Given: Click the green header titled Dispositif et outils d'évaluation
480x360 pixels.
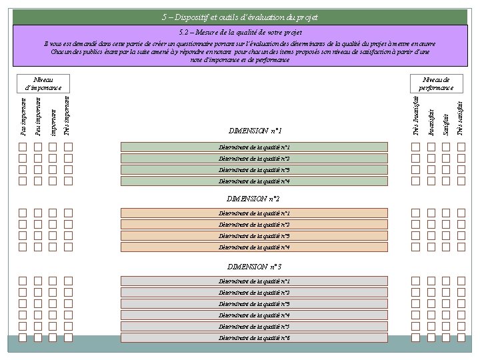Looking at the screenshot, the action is (240, 17).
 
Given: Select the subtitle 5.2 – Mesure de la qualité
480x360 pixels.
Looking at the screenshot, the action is (240, 32).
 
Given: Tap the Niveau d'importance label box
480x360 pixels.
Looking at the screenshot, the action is (43, 83).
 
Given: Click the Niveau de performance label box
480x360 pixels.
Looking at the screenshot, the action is (436, 83).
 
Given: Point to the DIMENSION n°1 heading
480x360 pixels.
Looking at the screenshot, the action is (255, 131).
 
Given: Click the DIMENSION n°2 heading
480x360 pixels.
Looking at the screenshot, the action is (253, 199).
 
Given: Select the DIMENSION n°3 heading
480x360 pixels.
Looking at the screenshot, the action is (253, 267).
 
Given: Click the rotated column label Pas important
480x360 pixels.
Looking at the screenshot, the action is (23, 116).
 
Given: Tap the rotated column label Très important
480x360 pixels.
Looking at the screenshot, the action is (68, 116).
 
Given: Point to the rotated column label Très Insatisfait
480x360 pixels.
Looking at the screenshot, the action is (416, 116).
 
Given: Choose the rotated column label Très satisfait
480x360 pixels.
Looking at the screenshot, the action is (460, 116).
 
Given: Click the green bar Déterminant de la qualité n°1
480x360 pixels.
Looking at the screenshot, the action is (254, 147).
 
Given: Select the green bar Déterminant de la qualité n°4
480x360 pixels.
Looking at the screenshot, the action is (254, 181).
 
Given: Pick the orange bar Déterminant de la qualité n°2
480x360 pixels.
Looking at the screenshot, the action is (254, 225).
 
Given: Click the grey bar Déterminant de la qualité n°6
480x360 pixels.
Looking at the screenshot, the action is (254, 338).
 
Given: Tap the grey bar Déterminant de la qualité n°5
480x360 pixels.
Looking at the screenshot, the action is (254, 327).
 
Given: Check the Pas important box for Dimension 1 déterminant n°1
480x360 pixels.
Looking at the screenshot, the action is (23, 147).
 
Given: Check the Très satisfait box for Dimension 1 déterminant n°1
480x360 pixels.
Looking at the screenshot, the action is (461, 147).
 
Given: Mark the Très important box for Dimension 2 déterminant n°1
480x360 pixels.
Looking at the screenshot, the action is (68, 213).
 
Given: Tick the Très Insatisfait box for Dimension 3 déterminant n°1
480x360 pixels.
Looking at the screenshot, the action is (415, 281).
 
